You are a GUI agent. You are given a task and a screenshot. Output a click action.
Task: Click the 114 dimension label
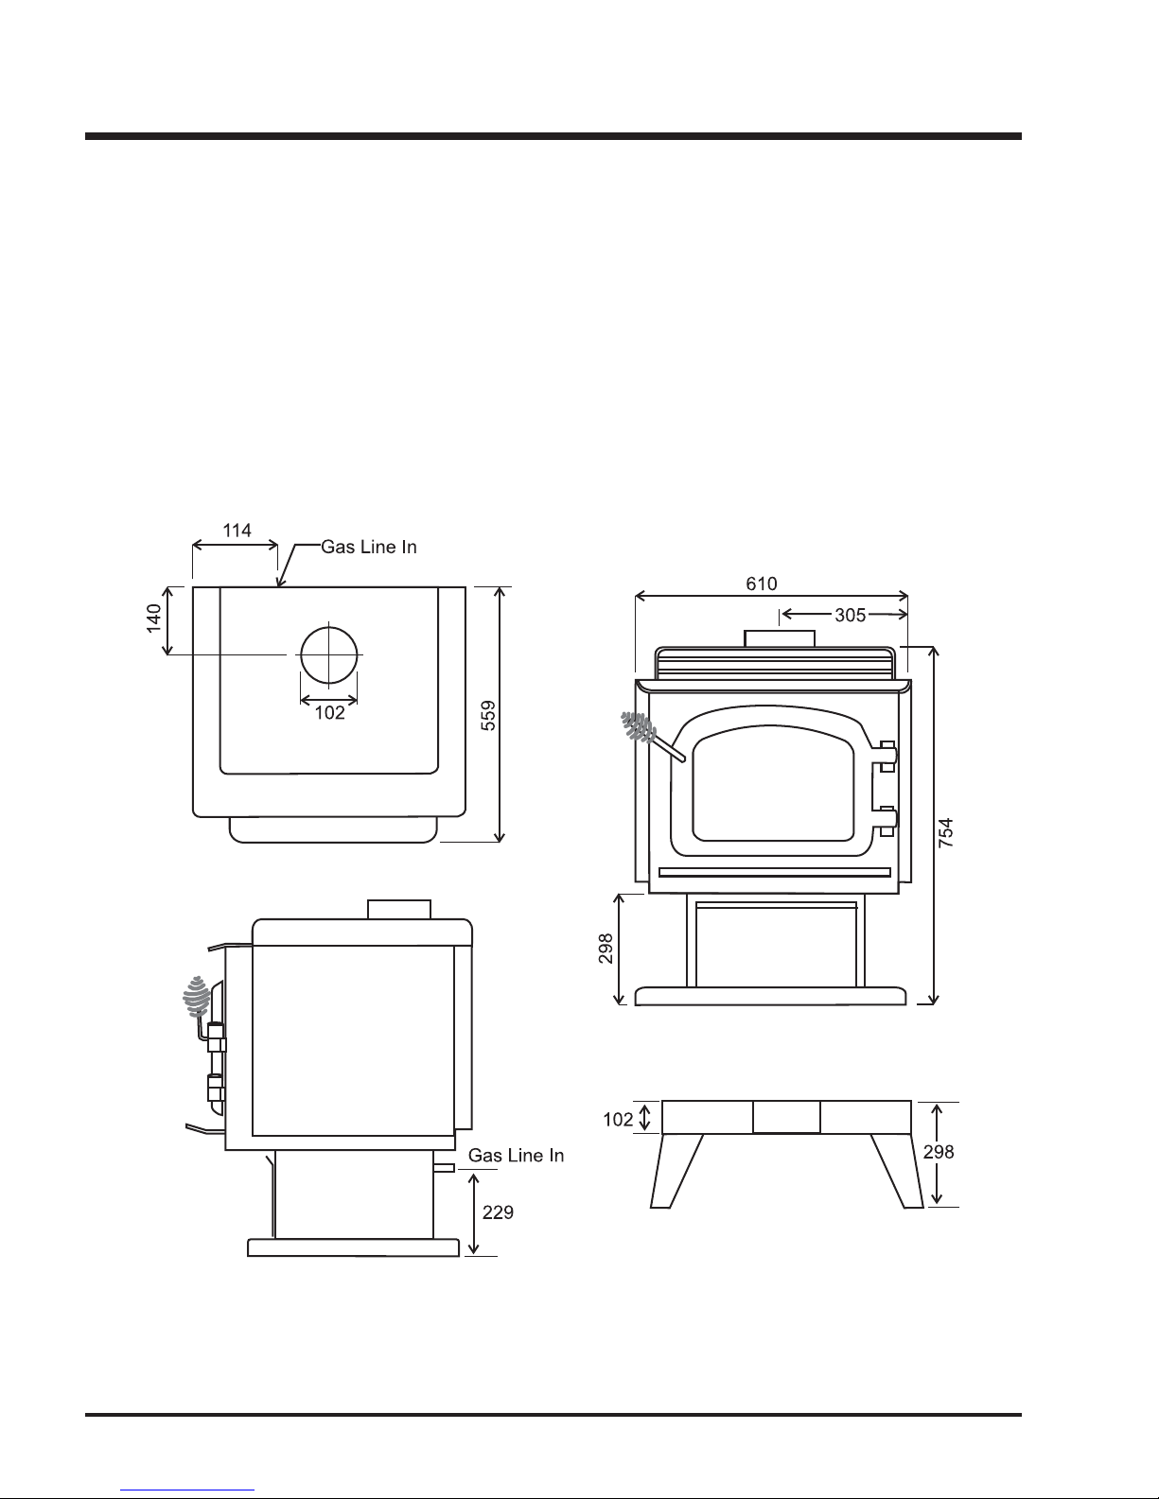(237, 531)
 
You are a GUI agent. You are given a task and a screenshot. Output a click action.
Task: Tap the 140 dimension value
(154, 619)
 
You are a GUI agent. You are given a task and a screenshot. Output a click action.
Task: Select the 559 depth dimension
(488, 715)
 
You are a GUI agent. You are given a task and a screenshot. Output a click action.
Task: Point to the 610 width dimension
(762, 584)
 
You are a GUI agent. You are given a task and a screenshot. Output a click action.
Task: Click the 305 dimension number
(850, 616)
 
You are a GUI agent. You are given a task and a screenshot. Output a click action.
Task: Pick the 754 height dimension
(946, 832)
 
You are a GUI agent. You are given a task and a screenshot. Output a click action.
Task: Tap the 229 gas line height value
(498, 1212)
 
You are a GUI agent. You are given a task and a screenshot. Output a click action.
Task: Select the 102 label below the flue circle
(330, 712)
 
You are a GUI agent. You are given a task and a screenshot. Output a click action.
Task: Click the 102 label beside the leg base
(618, 1120)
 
